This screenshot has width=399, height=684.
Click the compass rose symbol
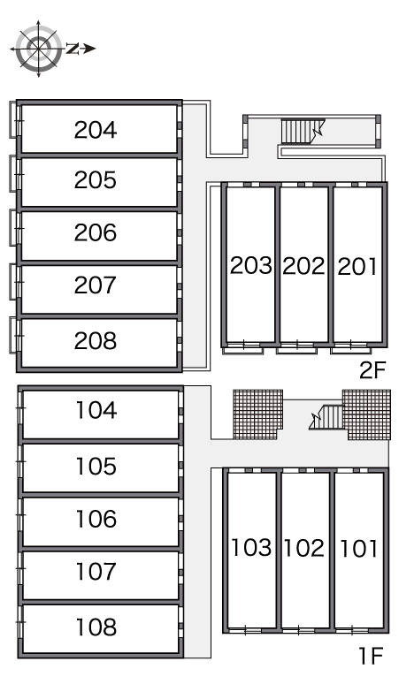tap(38, 49)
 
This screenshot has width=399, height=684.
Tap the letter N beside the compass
tap(73, 49)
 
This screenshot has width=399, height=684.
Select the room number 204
tap(96, 130)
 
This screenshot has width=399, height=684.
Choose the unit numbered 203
tap(251, 265)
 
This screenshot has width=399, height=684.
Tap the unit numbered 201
tap(357, 266)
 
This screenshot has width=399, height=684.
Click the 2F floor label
tap(372, 371)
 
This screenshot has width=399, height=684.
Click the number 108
tap(96, 627)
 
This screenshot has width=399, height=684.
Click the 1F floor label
tap(371, 656)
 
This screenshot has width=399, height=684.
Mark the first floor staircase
tap(326, 417)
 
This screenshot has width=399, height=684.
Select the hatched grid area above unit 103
tap(257, 414)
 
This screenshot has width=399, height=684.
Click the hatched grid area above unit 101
tap(366, 414)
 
